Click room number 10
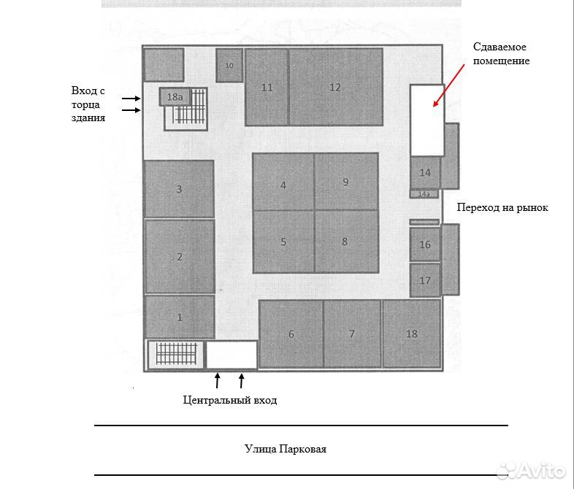(x=229, y=65)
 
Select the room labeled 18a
(x=175, y=97)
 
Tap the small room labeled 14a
(x=424, y=194)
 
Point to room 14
(x=425, y=172)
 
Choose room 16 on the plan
(x=424, y=244)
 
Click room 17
(x=424, y=280)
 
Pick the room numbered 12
(x=336, y=87)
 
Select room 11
(x=267, y=87)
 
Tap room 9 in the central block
(x=346, y=182)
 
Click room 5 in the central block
(x=283, y=242)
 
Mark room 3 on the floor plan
(x=180, y=189)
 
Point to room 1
(x=180, y=317)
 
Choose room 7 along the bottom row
(x=352, y=334)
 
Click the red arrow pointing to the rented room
(x=449, y=85)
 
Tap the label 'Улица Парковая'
(x=286, y=449)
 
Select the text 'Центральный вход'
(x=230, y=400)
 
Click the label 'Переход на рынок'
(x=502, y=208)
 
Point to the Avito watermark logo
(x=531, y=471)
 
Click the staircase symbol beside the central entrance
(x=177, y=354)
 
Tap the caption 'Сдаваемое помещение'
(x=501, y=53)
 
